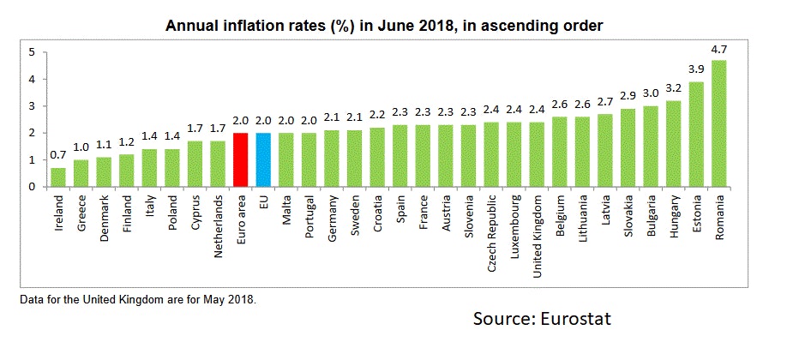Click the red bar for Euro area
(241, 159)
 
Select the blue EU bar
(264, 159)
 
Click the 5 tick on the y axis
(31, 52)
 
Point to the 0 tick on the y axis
(31, 186)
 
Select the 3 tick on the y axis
(31, 106)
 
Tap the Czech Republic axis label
(492, 226)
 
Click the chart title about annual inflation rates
(384, 26)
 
